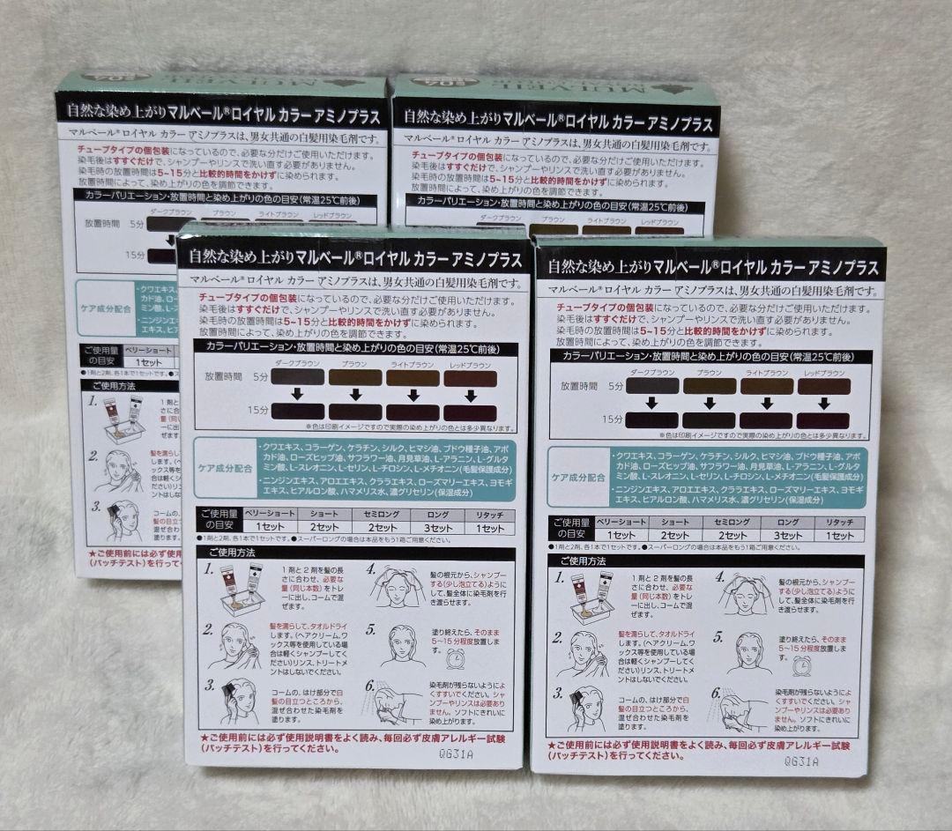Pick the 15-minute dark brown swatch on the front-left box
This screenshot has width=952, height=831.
(299, 412)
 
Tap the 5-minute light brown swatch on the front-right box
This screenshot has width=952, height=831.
(768, 386)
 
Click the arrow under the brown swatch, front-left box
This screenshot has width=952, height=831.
(355, 394)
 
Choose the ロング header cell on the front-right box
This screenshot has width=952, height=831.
(787, 523)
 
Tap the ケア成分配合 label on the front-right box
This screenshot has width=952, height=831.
(578, 476)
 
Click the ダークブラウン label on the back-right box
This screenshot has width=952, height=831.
(499, 218)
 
